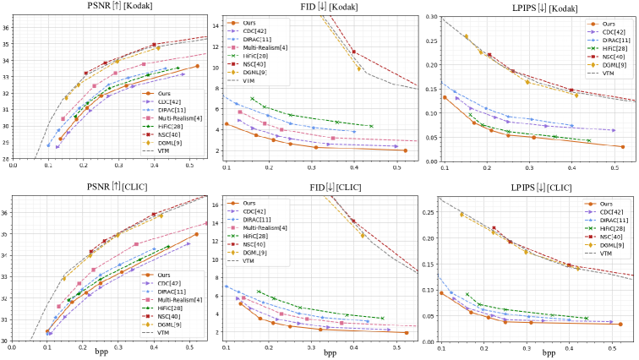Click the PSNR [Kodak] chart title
[x=116, y=7]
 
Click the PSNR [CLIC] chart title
[x=116, y=186]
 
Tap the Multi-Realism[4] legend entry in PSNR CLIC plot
[x=179, y=299]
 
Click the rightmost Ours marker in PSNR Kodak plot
[x=197, y=66]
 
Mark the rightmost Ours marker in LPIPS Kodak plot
[x=623, y=146]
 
